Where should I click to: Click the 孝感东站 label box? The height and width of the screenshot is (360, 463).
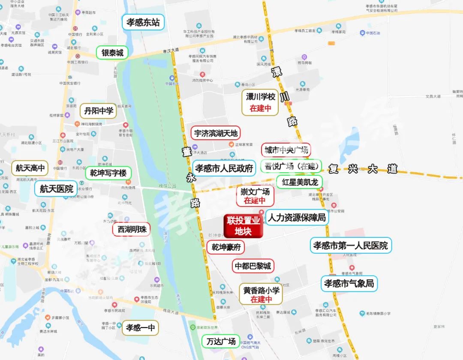pos(143,22)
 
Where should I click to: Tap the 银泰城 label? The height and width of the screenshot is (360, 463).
pos(112,53)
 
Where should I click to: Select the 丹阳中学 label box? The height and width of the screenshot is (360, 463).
pos(99,111)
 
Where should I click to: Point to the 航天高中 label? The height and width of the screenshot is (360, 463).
pos(30,168)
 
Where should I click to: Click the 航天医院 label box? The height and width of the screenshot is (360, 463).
pos(57,189)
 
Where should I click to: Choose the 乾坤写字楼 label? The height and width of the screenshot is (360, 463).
pos(108,173)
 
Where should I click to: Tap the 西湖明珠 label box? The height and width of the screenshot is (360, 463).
pos(132,229)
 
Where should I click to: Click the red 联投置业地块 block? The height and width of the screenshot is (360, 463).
pos(244,226)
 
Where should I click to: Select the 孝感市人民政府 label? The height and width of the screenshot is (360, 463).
pos(224,168)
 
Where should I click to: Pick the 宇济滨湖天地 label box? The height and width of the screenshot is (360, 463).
pos(216,133)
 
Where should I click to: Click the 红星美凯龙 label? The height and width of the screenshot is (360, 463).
pos(300,182)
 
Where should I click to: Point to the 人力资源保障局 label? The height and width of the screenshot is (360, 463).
pos(297,218)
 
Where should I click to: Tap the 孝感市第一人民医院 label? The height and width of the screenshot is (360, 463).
pos(351,246)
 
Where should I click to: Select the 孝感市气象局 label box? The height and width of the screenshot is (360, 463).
pos(349,283)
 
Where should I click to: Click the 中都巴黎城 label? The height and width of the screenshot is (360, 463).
pos(253,266)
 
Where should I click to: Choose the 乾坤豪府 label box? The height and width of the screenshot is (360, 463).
pos(225,247)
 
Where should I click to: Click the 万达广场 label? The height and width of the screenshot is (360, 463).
pos(221,342)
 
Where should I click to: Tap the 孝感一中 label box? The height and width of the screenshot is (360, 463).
pos(140,328)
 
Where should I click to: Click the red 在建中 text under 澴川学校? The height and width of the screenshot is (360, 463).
pos(261,108)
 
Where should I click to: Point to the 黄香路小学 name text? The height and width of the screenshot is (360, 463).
pos(262,290)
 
